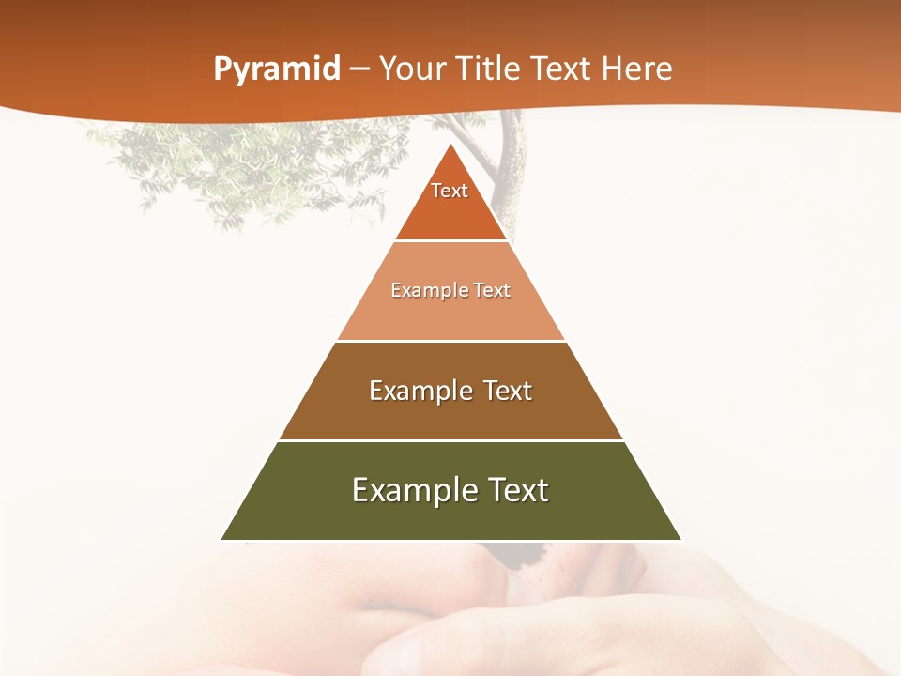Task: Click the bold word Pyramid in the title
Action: point(277,69)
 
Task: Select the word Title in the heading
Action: point(492,69)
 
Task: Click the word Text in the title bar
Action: point(562,69)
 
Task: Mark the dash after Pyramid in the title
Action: point(359,70)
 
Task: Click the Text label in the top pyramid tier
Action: point(450,191)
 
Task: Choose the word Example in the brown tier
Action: point(417,391)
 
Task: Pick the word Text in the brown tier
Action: point(508,391)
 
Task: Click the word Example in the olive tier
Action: point(405,490)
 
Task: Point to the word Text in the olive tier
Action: point(516,490)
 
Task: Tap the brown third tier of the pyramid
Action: point(450,419)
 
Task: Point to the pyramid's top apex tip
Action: point(451,146)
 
